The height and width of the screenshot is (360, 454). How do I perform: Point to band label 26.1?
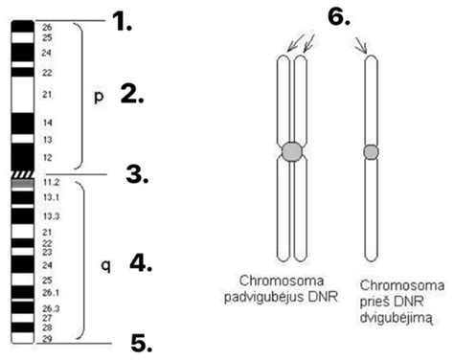click(51, 292)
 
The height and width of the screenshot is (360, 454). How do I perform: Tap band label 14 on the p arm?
click(47, 124)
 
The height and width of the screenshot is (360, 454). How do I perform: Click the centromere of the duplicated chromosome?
click(293, 151)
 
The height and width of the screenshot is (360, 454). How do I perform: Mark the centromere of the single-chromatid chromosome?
click(372, 151)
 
